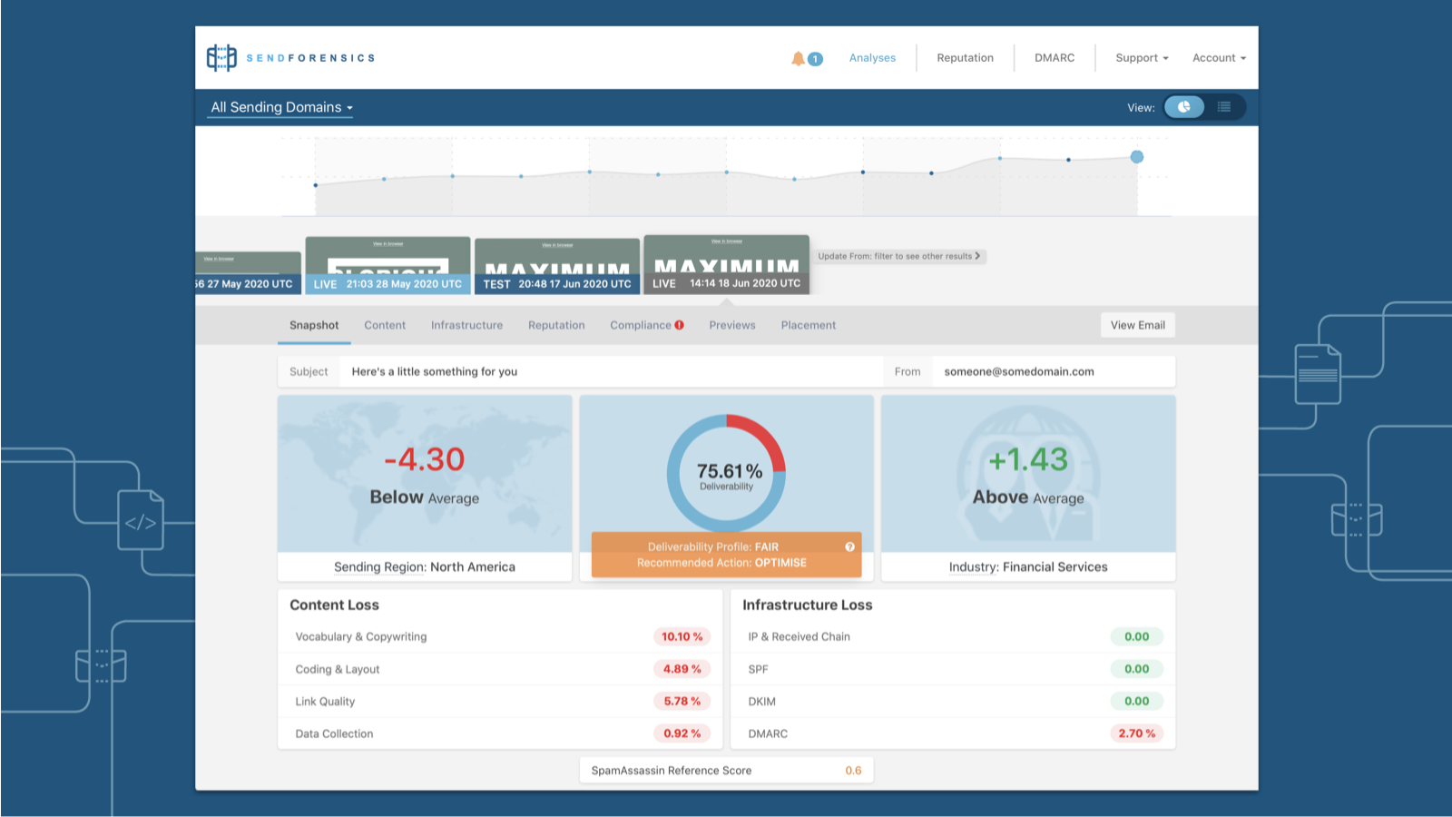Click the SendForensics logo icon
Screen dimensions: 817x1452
pyautogui.click(x=221, y=58)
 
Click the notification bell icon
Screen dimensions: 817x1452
pyautogui.click(x=798, y=58)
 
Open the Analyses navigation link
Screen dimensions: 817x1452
pyautogui.click(x=872, y=58)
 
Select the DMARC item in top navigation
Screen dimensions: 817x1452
pyautogui.click(x=1055, y=58)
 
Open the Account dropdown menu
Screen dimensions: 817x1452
pyautogui.click(x=1219, y=58)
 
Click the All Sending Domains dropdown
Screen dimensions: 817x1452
pyautogui.click(x=281, y=107)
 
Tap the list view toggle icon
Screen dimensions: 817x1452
pyautogui.click(x=1224, y=107)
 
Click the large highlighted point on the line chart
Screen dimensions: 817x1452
pyautogui.click(x=1137, y=157)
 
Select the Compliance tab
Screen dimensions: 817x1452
pyautogui.click(x=646, y=325)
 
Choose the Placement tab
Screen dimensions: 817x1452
pyautogui.click(x=809, y=325)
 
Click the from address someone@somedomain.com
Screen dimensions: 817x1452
pyautogui.click(x=1019, y=371)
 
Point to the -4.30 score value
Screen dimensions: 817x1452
pyautogui.click(x=424, y=459)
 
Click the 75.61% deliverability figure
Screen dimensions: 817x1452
pyautogui.click(x=729, y=471)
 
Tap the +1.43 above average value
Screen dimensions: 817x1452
pyautogui.click(x=1028, y=459)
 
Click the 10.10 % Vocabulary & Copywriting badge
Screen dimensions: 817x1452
pyautogui.click(x=682, y=636)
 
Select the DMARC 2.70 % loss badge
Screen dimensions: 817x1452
pyautogui.click(x=1136, y=733)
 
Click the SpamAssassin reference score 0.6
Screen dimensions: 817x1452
pyautogui.click(x=853, y=771)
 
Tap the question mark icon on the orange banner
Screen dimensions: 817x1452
pyautogui.click(x=850, y=546)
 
